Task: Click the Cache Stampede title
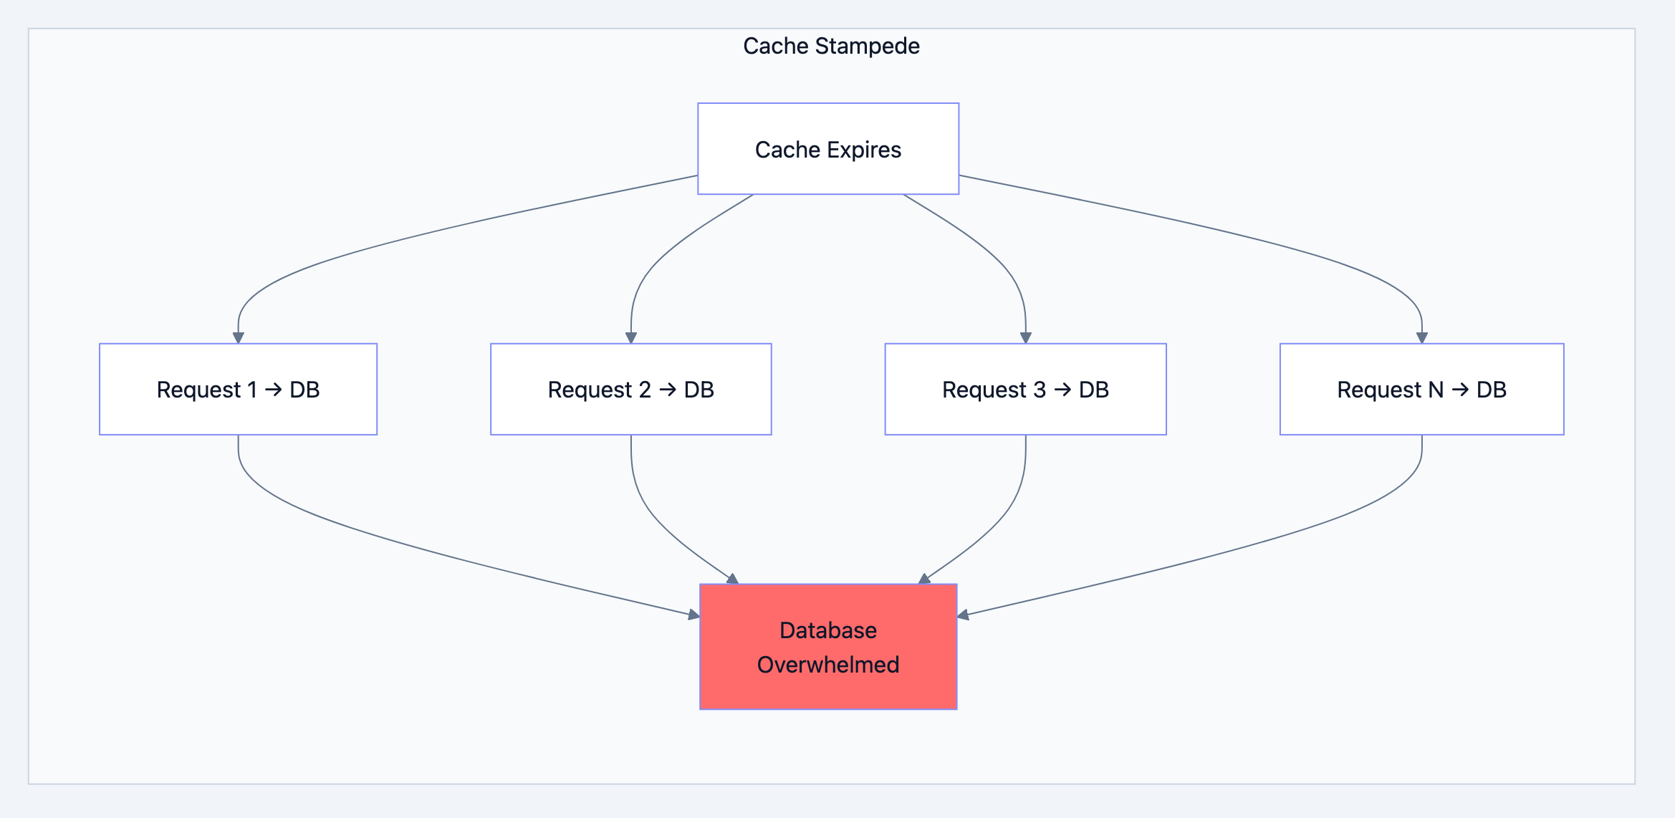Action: tap(831, 46)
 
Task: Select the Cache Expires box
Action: tap(828, 149)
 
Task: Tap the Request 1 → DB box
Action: tap(238, 390)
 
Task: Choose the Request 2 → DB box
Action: tap(630, 390)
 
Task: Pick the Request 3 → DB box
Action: tap(1025, 390)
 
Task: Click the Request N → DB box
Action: tap(1421, 390)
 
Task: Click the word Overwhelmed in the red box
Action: tap(828, 665)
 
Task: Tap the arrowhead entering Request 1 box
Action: tap(239, 337)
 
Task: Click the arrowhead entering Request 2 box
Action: tap(631, 337)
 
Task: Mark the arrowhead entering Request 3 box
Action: tap(1026, 337)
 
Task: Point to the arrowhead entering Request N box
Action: tap(1422, 337)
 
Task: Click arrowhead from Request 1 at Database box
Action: tap(693, 615)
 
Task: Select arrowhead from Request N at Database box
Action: tap(964, 615)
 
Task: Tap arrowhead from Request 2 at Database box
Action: tap(732, 579)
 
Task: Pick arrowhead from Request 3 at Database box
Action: tap(924, 579)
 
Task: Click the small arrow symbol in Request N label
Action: tap(1460, 390)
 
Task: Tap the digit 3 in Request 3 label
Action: tap(1040, 390)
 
